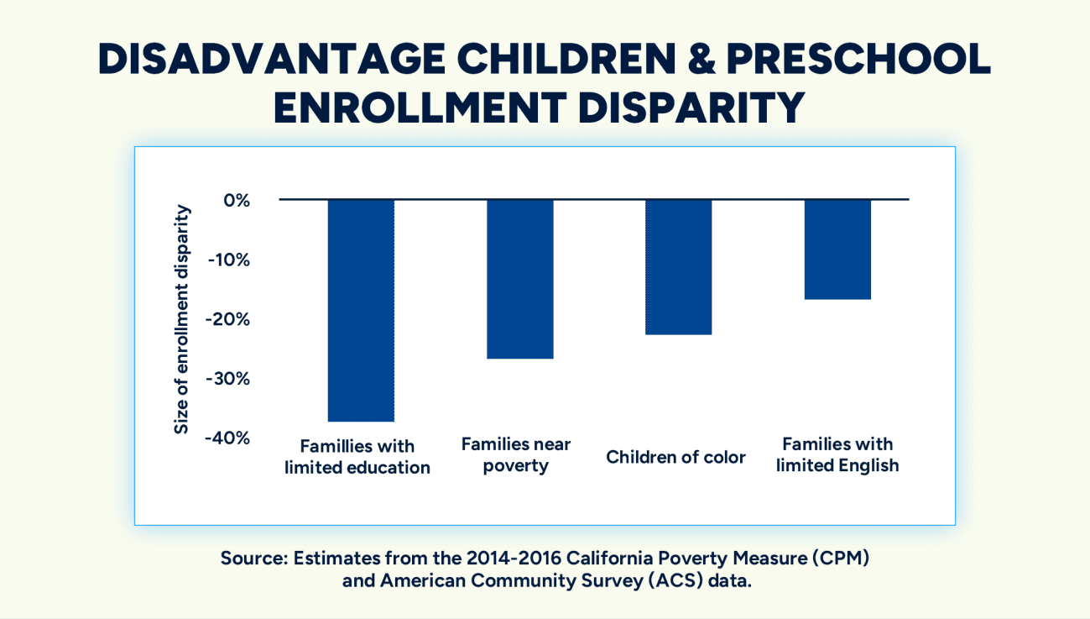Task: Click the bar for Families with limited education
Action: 361,310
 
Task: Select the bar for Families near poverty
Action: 519,279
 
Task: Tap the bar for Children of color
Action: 678,267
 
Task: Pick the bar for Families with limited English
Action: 837,249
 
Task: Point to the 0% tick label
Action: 237,201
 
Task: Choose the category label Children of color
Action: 675,458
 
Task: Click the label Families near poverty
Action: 516,454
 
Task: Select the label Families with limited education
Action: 357,457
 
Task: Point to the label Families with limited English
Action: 837,454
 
